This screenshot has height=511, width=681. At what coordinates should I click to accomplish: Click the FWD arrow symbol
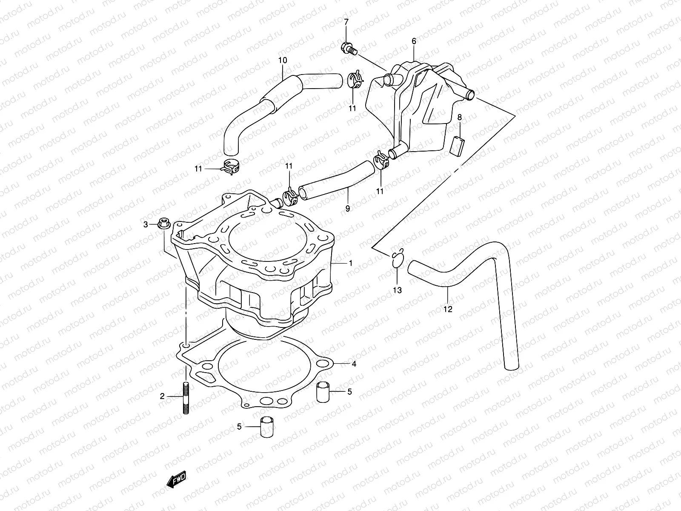174,481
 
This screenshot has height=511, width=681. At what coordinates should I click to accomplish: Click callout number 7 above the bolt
346,22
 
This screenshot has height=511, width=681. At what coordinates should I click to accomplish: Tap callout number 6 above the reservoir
413,41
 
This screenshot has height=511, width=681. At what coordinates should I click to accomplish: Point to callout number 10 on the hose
283,60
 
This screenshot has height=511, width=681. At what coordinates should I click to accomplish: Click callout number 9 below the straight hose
347,209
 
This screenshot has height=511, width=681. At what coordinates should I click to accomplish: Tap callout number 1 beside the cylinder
350,263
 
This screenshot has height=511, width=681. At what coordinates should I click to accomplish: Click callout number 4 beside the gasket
353,364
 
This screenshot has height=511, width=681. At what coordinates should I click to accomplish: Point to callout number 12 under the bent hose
448,309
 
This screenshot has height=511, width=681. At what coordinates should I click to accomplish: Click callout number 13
397,290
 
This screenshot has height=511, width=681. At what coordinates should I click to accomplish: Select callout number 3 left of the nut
146,224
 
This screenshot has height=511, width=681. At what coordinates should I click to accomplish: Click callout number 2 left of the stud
162,396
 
